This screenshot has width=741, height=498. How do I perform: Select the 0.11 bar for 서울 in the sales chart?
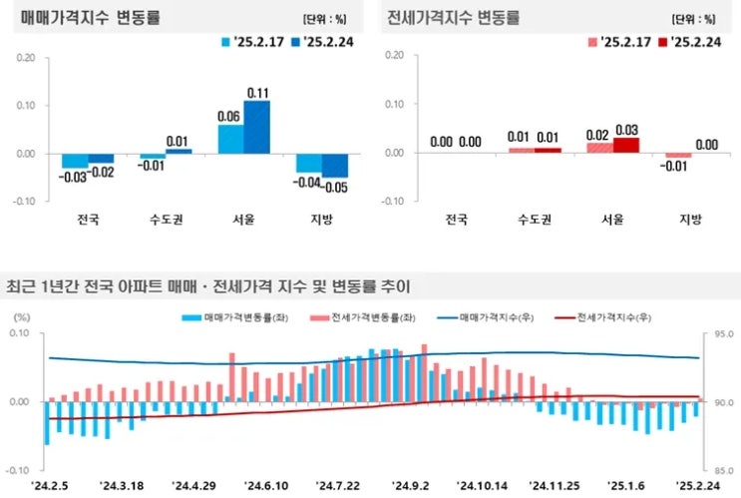256,127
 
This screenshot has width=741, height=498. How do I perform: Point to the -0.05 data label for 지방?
335,187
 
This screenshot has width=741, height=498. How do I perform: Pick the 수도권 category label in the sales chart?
166,220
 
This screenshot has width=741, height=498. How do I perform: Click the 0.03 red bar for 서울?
625,145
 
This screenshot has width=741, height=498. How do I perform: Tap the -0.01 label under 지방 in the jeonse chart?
678,167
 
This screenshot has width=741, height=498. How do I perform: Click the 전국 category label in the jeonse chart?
456,220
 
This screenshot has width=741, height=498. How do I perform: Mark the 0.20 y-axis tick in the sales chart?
26,58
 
